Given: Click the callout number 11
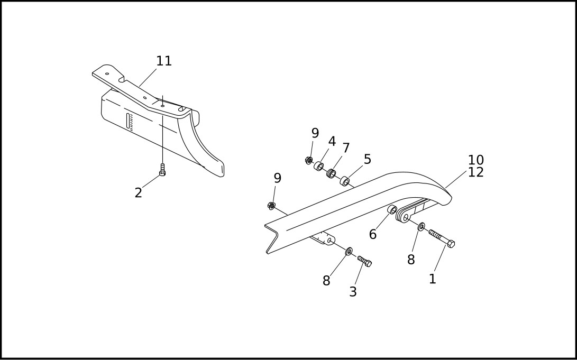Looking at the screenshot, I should point(164,61).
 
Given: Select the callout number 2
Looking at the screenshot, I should point(138,193).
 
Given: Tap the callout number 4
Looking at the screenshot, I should point(332,142).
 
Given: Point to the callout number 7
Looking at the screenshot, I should point(346,149).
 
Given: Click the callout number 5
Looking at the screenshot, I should point(367,160).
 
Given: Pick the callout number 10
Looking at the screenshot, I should point(475,160).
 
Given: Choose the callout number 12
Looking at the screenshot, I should point(475,172).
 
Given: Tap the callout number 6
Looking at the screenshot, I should point(373,235).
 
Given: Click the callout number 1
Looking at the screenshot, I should point(432,279).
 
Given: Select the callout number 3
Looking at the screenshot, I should point(353,292).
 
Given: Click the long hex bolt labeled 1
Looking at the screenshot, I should point(442,238).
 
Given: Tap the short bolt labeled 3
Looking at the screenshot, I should point(364,261).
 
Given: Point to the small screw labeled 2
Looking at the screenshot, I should point(162,170).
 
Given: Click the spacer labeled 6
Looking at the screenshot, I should point(392,210).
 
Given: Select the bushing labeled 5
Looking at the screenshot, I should point(344,182).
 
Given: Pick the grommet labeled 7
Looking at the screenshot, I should point(332,173).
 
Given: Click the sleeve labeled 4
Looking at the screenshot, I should point(319,167).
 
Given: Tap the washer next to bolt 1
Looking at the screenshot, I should point(422,227).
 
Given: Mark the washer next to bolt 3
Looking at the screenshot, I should point(349,251).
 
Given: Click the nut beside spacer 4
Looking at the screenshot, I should point(309,160).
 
